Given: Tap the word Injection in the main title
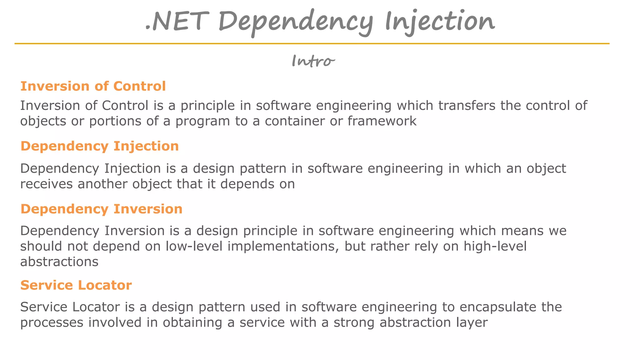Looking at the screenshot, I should (x=440, y=22).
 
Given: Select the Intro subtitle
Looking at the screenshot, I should (x=313, y=61).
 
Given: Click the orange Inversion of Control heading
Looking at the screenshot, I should (x=93, y=86).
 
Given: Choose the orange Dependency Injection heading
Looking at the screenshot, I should (x=100, y=146).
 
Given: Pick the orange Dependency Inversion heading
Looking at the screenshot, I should (x=102, y=209).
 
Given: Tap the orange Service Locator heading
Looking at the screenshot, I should (x=76, y=285).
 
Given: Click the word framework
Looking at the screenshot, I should (x=382, y=121).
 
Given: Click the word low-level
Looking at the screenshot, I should (x=194, y=246).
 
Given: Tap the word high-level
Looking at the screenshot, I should (x=495, y=246).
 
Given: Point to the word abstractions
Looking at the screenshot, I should (x=59, y=262).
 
